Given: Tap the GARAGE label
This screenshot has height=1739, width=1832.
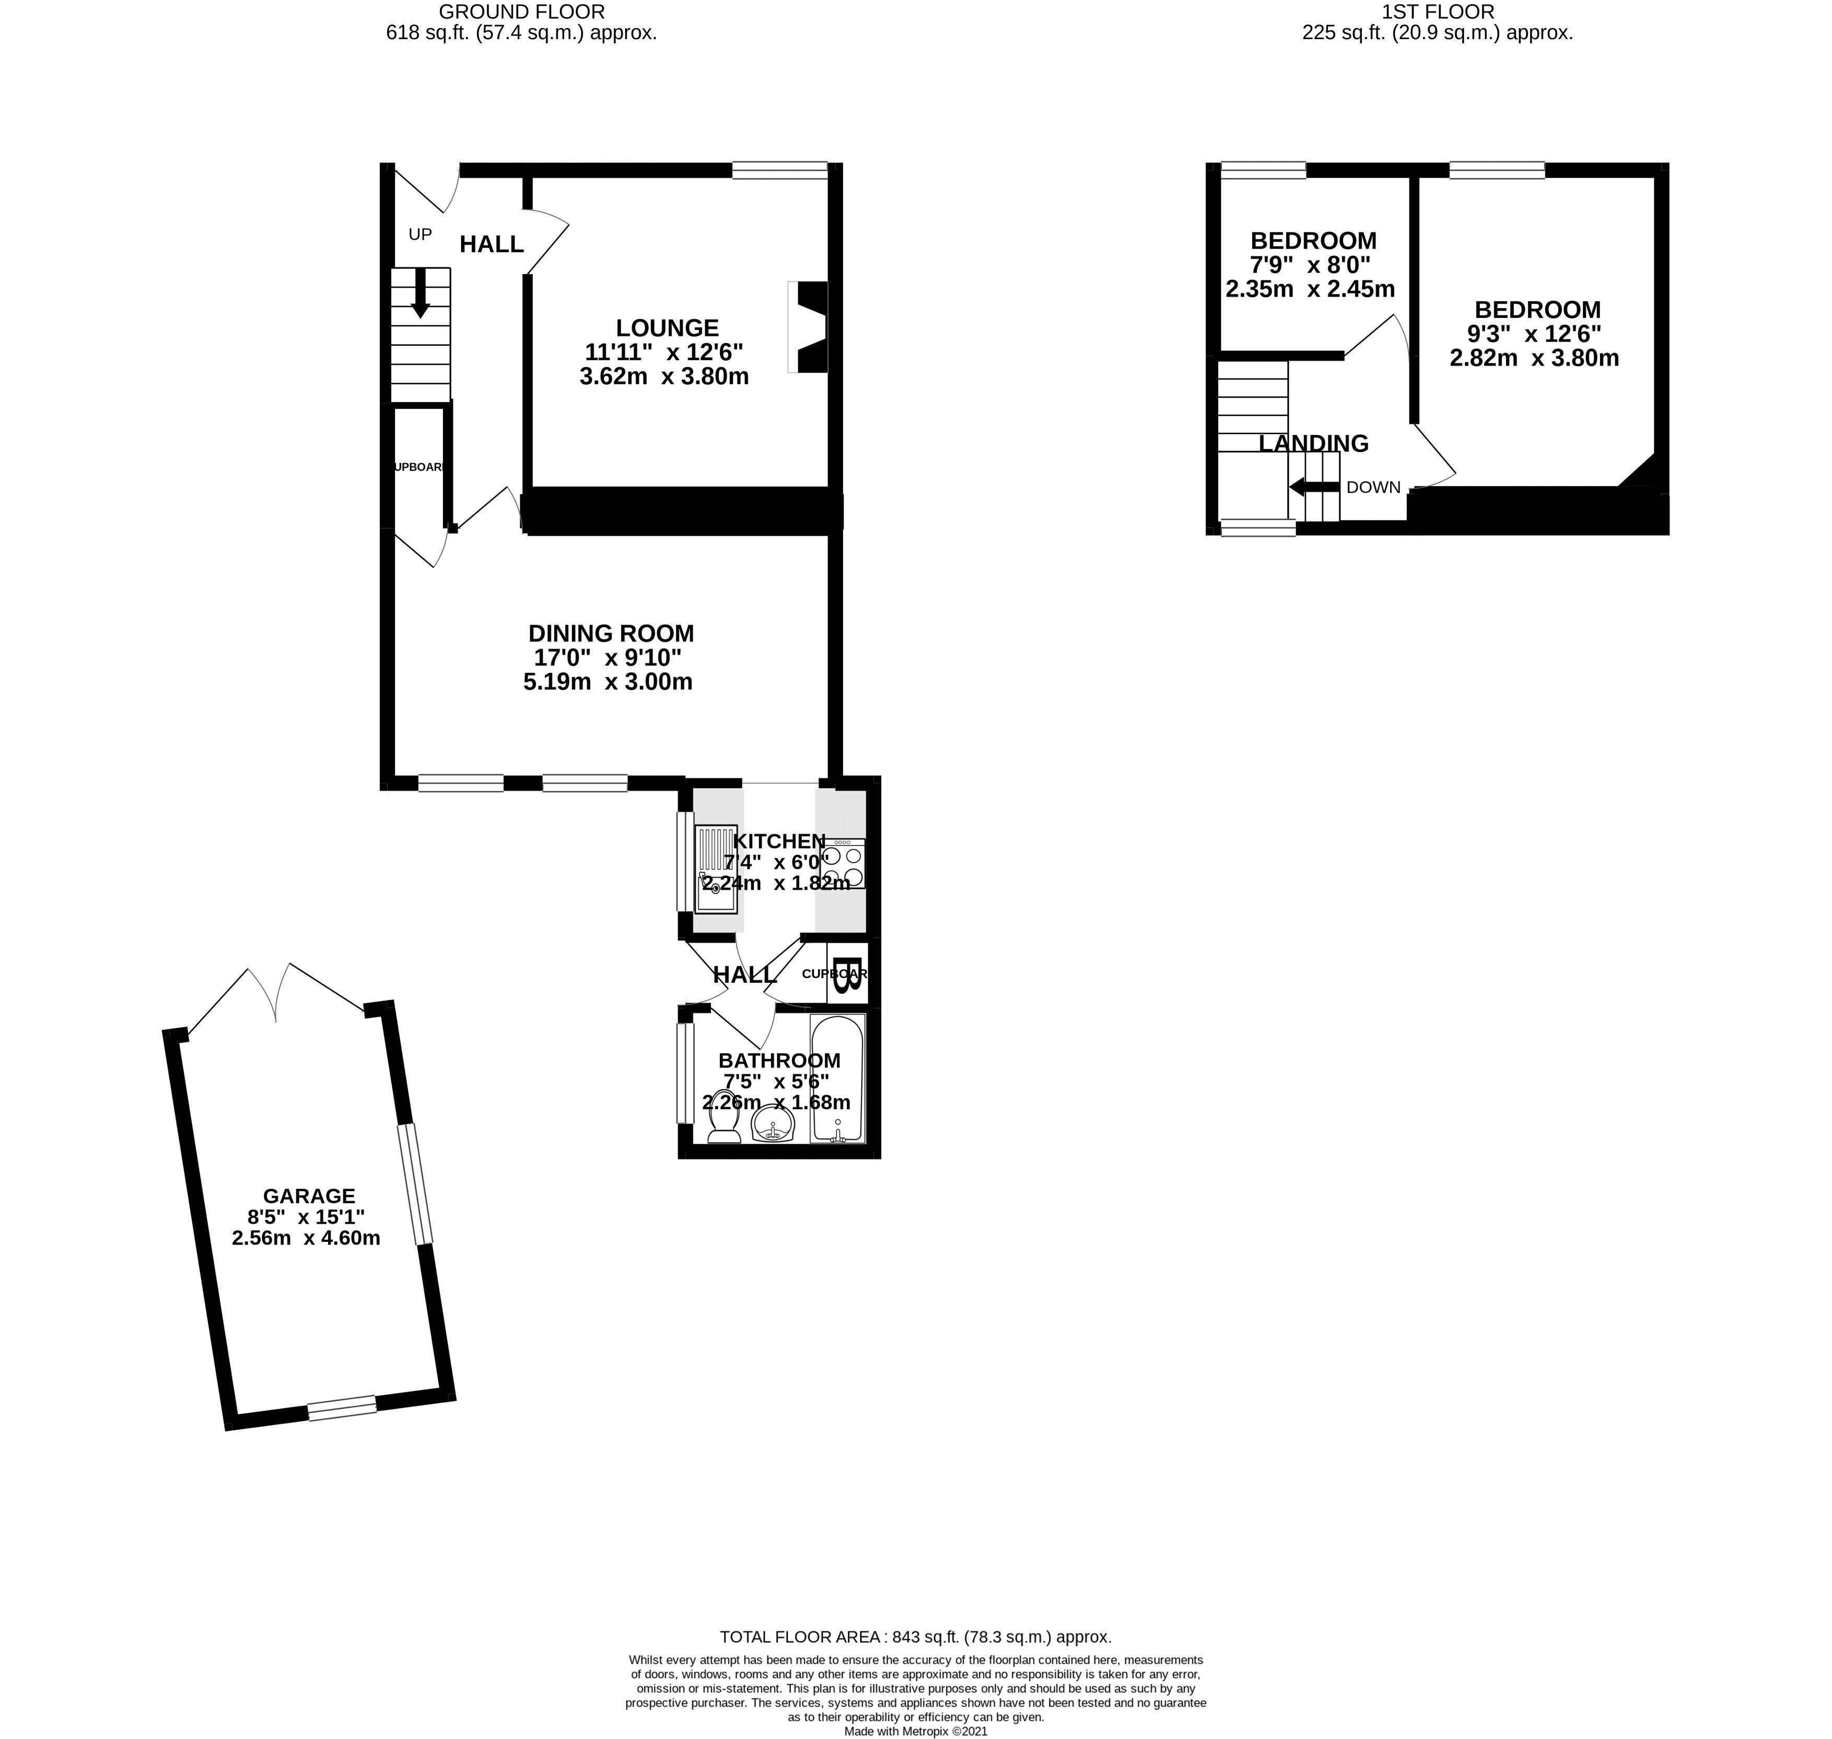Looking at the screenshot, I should [309, 1196].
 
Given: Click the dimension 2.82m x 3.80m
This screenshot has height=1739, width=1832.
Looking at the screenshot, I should [1534, 358].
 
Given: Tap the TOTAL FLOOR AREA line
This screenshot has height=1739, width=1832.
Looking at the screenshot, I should [915, 1637].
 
